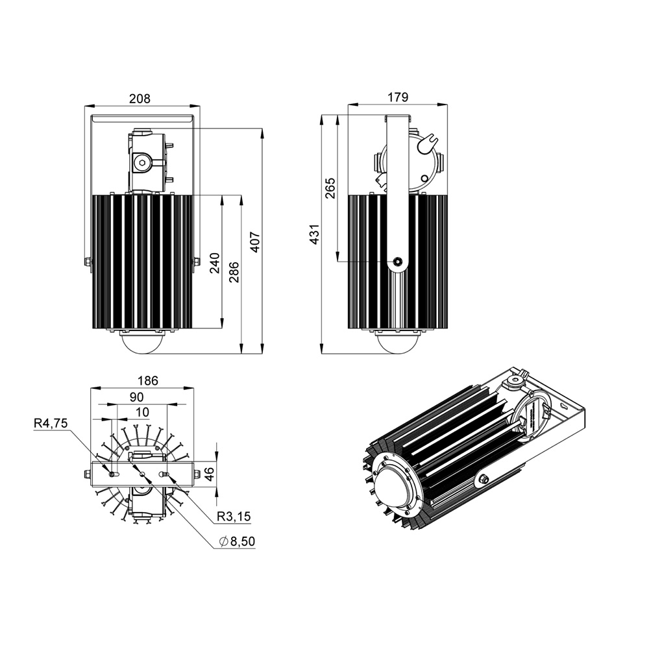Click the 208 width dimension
tap(140, 99)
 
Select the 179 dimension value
tap(398, 97)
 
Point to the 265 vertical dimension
tap(330, 188)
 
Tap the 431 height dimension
tap(313, 235)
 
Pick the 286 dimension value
tap(234, 273)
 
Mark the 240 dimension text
tap(215, 263)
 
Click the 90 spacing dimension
tap(136, 397)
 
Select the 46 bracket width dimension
tap(209, 473)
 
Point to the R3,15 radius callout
tap(234, 517)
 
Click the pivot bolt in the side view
tap(397, 262)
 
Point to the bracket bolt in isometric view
tap(483, 480)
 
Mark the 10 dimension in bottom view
tap(142, 411)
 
